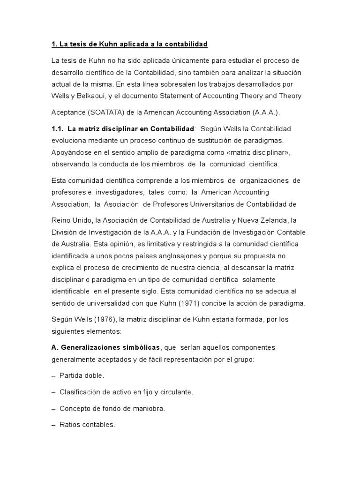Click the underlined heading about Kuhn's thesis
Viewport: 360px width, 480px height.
tap(129, 44)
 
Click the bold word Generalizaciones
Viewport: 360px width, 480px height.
tap(92, 347)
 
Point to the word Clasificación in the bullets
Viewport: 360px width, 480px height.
tap(82, 392)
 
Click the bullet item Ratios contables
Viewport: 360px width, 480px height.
tap(87, 425)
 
